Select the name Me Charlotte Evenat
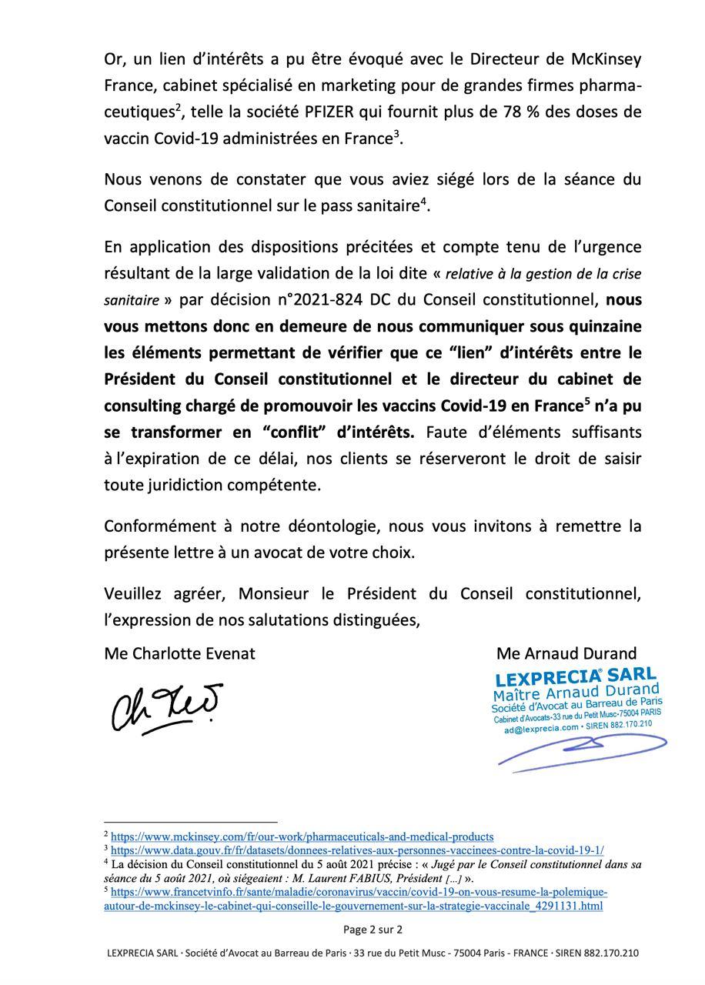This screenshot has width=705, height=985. (179, 653)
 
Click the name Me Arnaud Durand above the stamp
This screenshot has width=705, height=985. (566, 653)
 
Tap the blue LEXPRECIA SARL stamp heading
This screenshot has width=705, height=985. (576, 678)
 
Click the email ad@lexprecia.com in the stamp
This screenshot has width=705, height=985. (541, 728)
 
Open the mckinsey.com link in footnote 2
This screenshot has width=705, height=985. (302, 836)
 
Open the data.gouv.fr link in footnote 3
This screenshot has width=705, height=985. (357, 850)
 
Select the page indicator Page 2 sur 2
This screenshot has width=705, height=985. (373, 930)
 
